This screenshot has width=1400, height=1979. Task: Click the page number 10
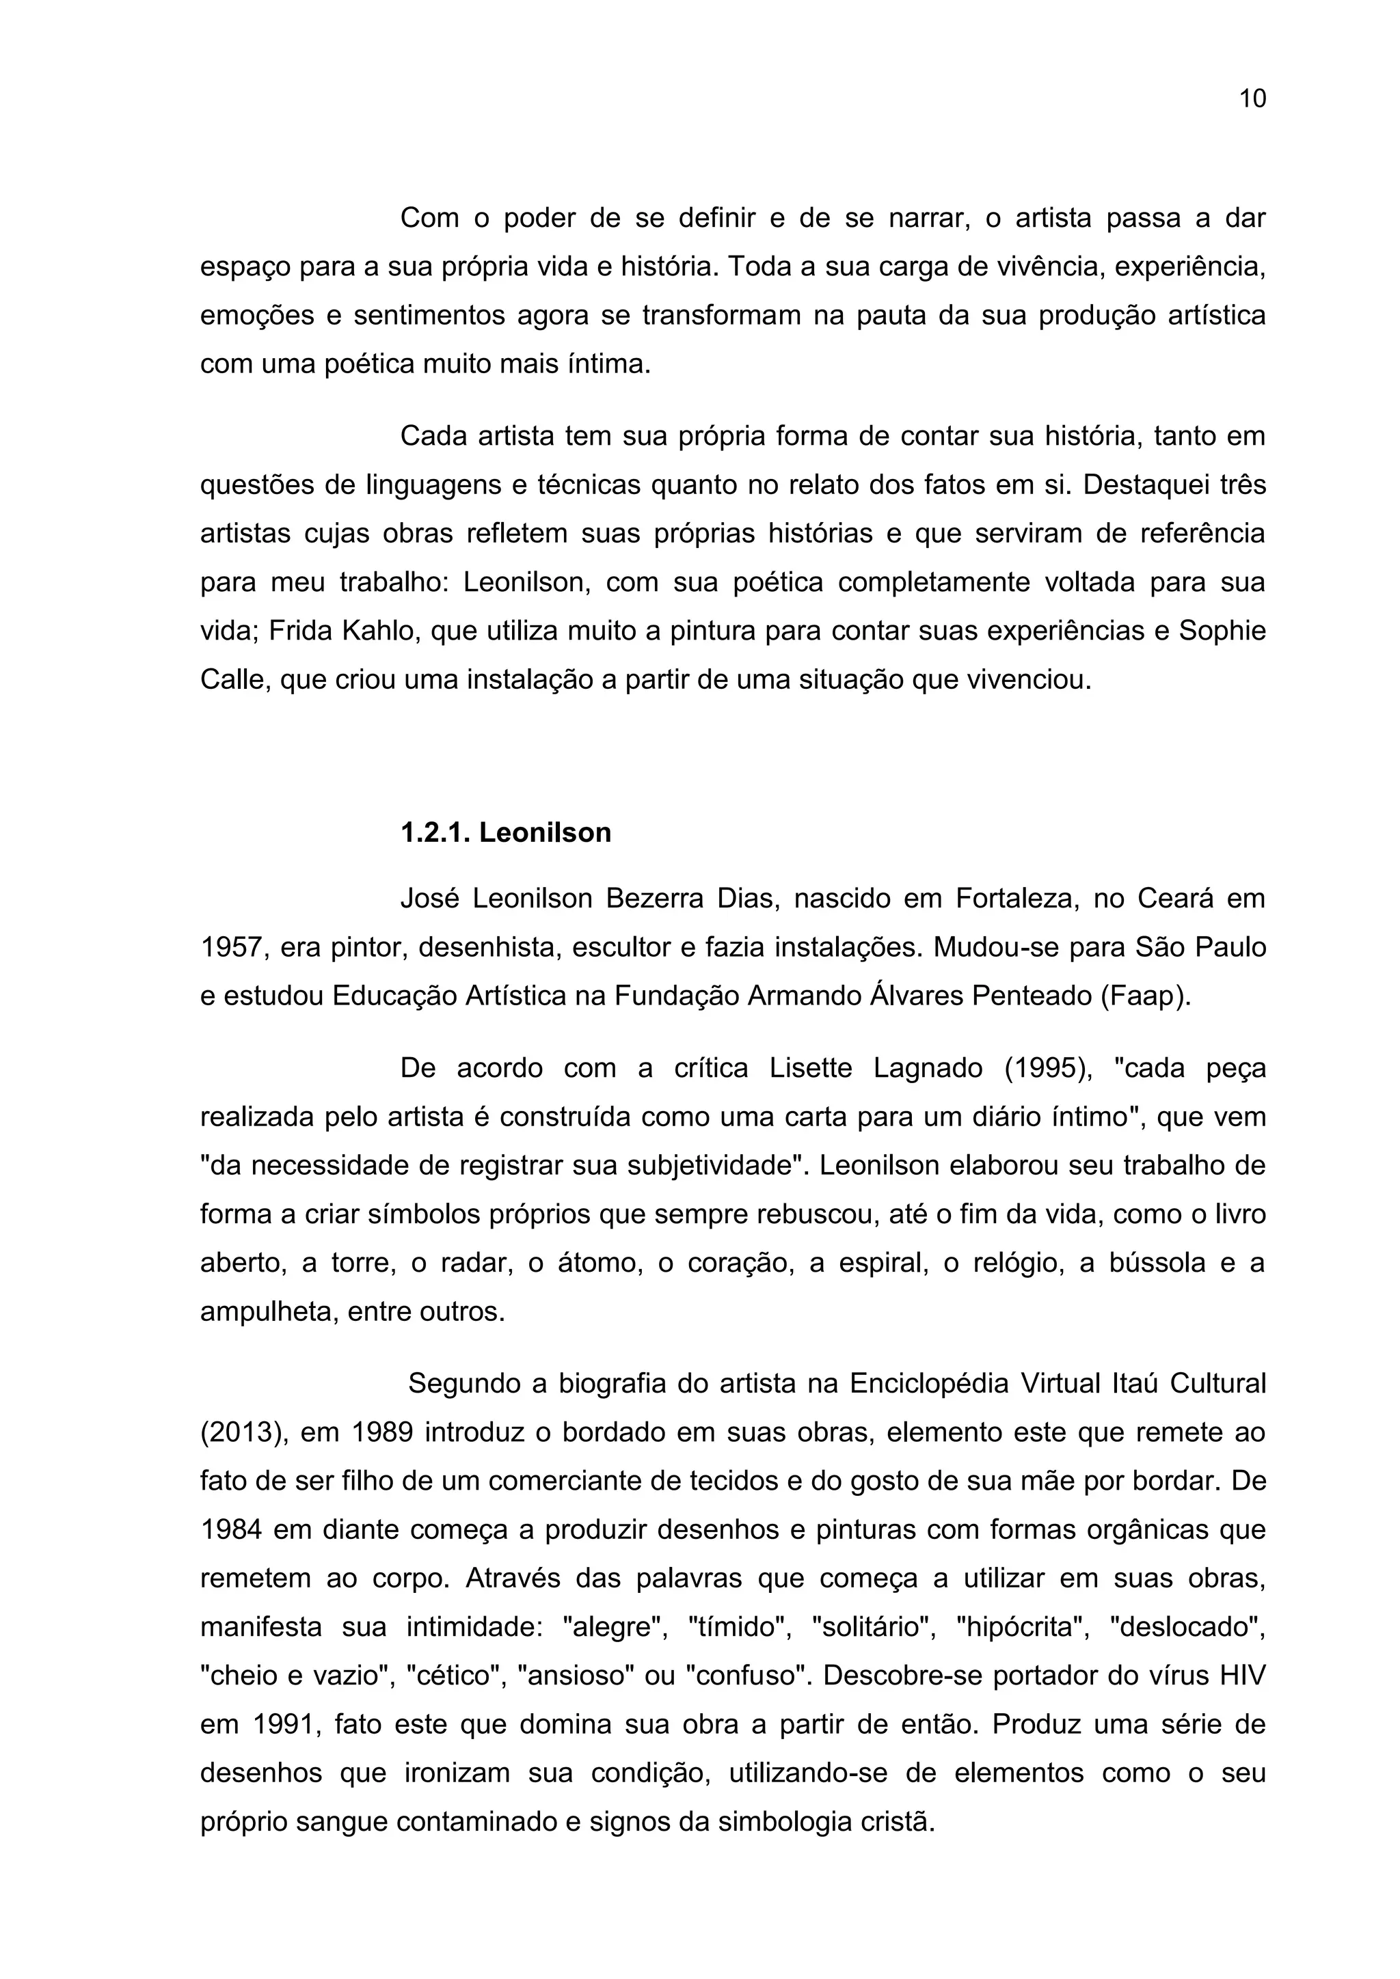[1252, 99]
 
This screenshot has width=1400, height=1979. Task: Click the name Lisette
[811, 1068]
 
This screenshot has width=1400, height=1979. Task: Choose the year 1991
[284, 1725]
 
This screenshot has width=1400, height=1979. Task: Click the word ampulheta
[256, 1312]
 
